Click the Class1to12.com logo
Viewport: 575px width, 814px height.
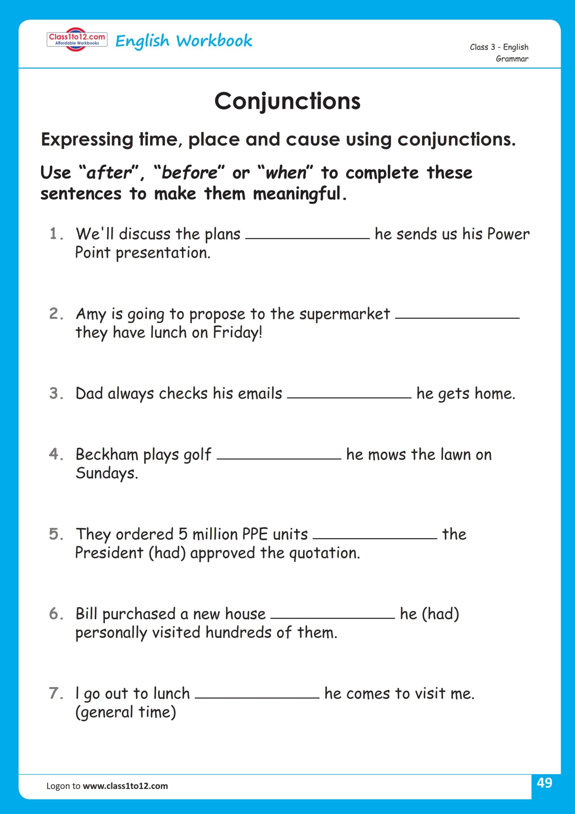coord(77,39)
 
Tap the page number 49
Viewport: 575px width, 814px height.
coord(544,782)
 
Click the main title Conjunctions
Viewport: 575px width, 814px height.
coord(287,101)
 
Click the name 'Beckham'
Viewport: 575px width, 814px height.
coord(107,454)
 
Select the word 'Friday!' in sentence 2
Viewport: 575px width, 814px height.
coord(237,333)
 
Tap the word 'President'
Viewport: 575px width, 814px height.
coord(109,553)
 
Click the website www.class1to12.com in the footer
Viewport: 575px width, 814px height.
coord(125,786)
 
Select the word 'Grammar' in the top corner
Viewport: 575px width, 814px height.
coord(511,59)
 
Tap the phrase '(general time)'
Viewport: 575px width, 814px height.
coord(126,713)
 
